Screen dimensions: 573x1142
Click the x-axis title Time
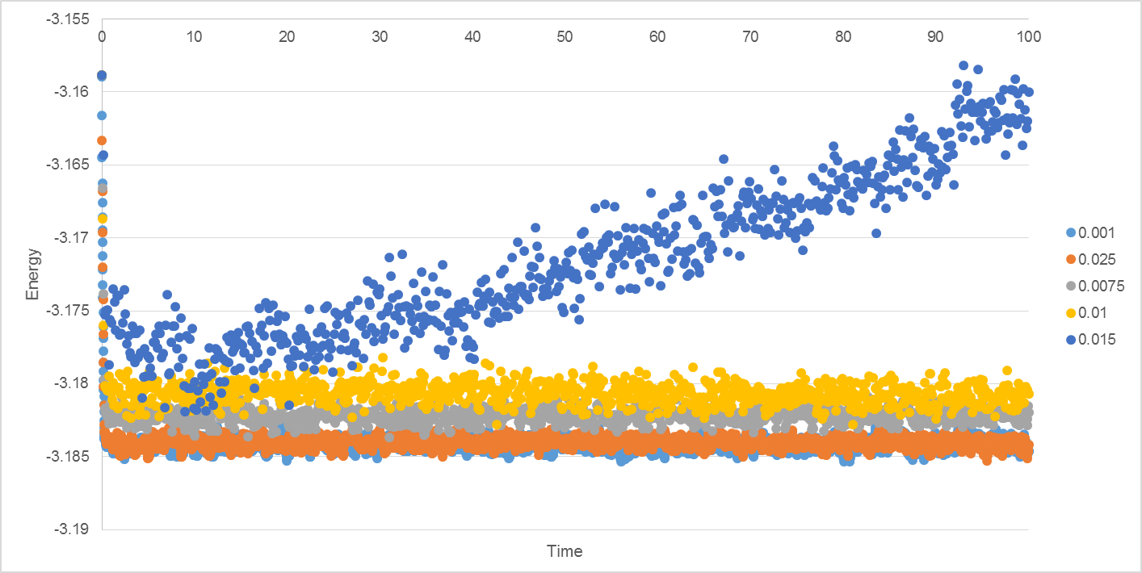pos(565,551)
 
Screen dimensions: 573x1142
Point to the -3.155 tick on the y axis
pos(68,19)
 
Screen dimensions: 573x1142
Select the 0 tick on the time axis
pos(102,36)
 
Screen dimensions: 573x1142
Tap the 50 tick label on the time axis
pos(565,36)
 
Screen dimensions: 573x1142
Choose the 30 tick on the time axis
pos(380,36)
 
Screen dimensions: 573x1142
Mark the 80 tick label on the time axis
pos(842,36)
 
